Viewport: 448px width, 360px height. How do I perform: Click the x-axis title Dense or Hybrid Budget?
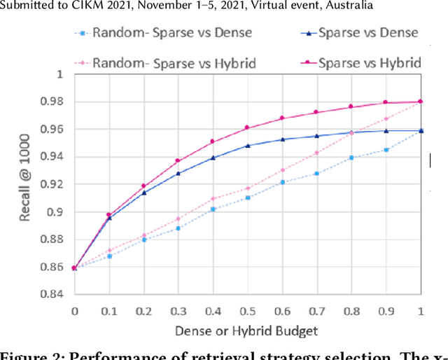tap(246, 331)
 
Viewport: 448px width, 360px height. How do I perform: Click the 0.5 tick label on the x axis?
tap(247, 309)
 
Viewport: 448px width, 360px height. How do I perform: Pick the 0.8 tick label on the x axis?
tap(351, 309)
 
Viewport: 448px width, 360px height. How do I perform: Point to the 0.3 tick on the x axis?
tap(178, 309)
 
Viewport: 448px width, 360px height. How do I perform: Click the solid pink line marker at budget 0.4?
tap(213, 141)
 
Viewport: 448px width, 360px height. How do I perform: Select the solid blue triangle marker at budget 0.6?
tap(282, 139)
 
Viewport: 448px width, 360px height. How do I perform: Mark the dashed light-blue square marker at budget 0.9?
tap(386, 150)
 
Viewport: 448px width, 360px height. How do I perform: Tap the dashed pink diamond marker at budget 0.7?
tap(316, 153)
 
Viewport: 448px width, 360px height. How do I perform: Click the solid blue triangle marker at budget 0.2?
tap(143, 193)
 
